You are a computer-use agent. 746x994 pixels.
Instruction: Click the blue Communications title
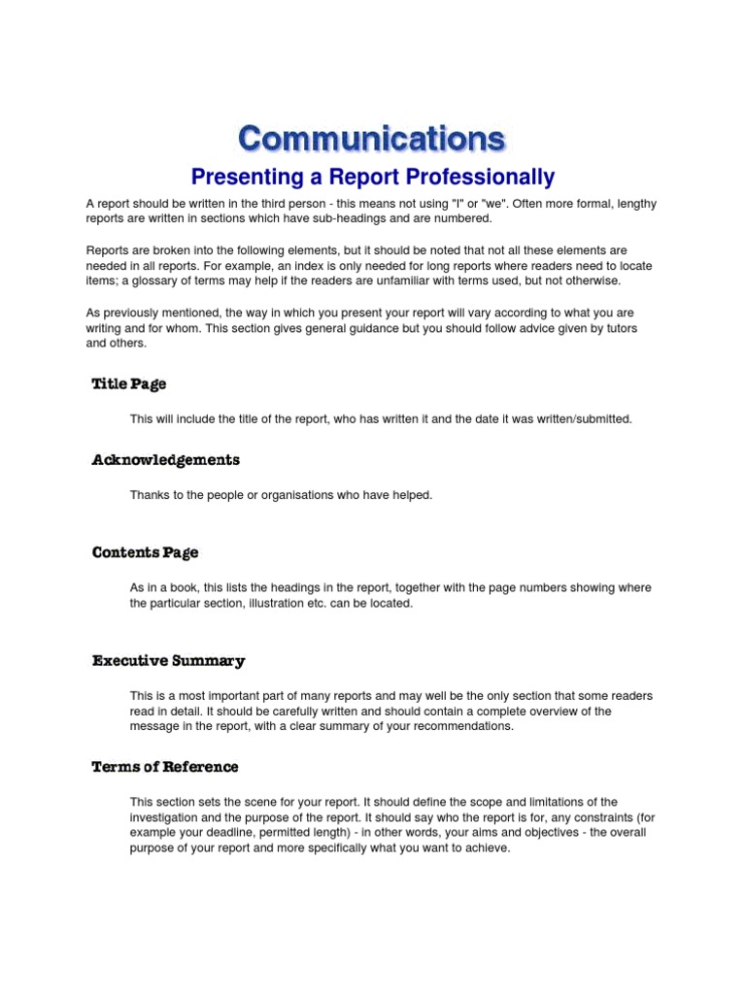(x=372, y=139)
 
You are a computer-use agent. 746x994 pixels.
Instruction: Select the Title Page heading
(x=129, y=384)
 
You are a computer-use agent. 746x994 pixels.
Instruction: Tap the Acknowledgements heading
(x=166, y=460)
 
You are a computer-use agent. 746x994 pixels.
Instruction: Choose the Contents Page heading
(x=146, y=553)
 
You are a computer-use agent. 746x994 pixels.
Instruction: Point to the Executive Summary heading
(x=169, y=661)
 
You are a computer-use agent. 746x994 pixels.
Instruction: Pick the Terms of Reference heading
(x=165, y=767)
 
